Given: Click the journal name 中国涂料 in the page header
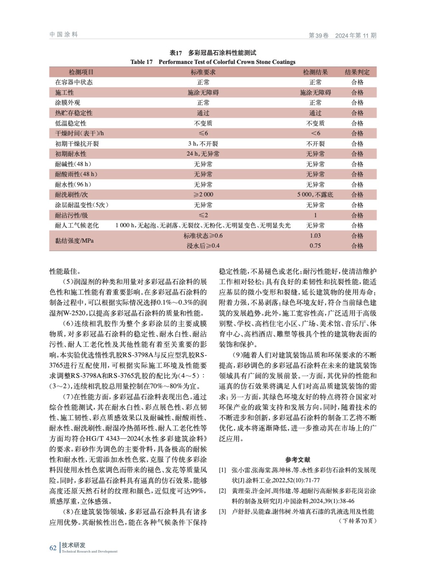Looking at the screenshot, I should (x=64, y=34).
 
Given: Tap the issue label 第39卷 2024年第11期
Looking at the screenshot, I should (x=342, y=35).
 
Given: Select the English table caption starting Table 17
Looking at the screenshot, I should (x=213, y=62).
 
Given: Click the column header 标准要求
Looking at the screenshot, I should (x=203, y=72).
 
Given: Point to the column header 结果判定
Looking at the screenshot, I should (x=357, y=72).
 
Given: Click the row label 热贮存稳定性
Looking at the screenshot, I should (x=74, y=113).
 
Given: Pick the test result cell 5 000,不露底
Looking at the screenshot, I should (x=315, y=195).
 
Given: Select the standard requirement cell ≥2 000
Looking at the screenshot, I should (x=203, y=195).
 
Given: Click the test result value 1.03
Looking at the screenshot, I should (x=315, y=236).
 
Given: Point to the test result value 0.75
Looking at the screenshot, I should (x=315, y=246).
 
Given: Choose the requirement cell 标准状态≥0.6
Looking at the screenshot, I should (x=203, y=236).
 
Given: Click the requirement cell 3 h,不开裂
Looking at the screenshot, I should (x=203, y=144).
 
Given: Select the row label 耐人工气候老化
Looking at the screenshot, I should (x=77, y=226).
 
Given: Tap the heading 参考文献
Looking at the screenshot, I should (x=298, y=460).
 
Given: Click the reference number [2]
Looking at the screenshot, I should (x=223, y=491).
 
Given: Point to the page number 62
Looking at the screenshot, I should (x=53, y=548).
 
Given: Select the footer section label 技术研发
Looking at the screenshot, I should (x=74, y=545).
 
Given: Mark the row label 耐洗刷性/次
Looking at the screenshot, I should (x=71, y=195).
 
